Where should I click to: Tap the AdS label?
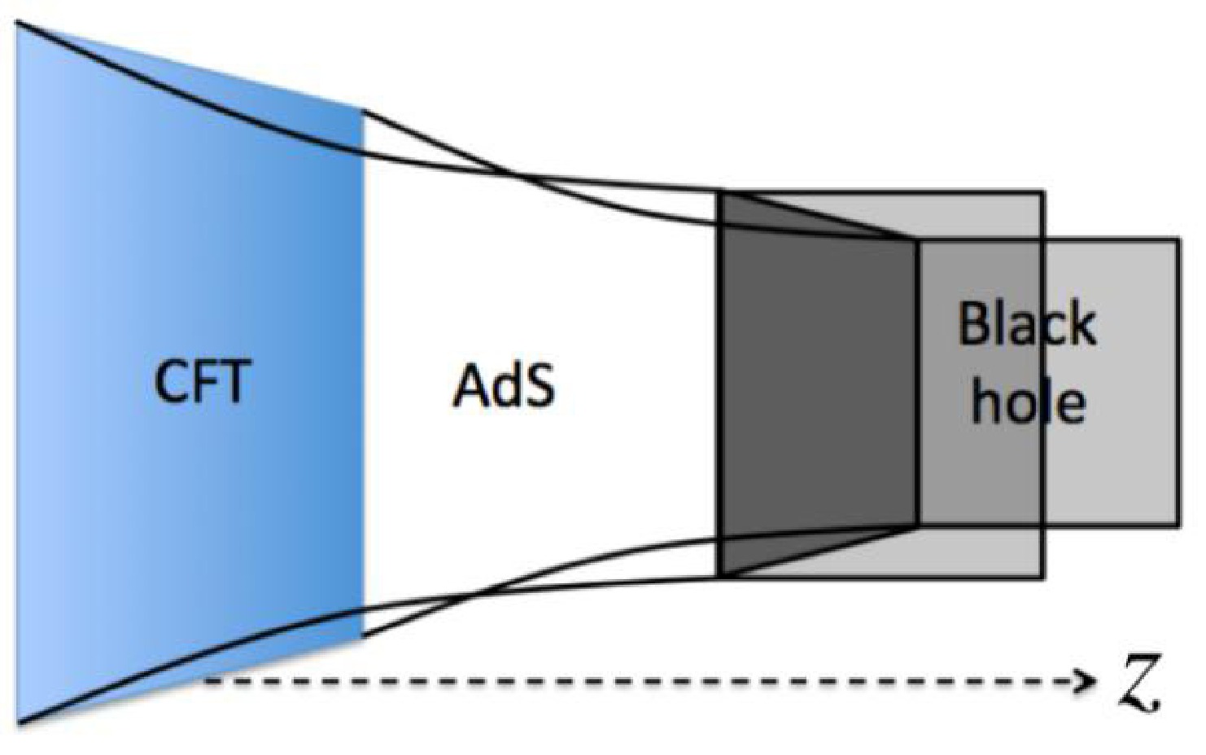tap(504, 384)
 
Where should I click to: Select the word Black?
tap(1027, 324)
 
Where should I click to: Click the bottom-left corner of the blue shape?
tap(18, 722)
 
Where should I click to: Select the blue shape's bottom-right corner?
tap(363, 637)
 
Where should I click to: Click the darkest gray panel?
tap(818, 383)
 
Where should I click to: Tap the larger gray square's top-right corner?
tap(1042, 192)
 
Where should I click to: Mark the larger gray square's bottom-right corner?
tap(1042, 577)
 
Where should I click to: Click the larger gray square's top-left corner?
tap(719, 192)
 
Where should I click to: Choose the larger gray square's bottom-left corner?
tap(719, 577)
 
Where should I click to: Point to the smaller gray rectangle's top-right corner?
tap(1178, 240)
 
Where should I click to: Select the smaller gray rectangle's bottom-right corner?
tap(1178, 525)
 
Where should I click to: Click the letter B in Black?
tap(973, 324)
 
